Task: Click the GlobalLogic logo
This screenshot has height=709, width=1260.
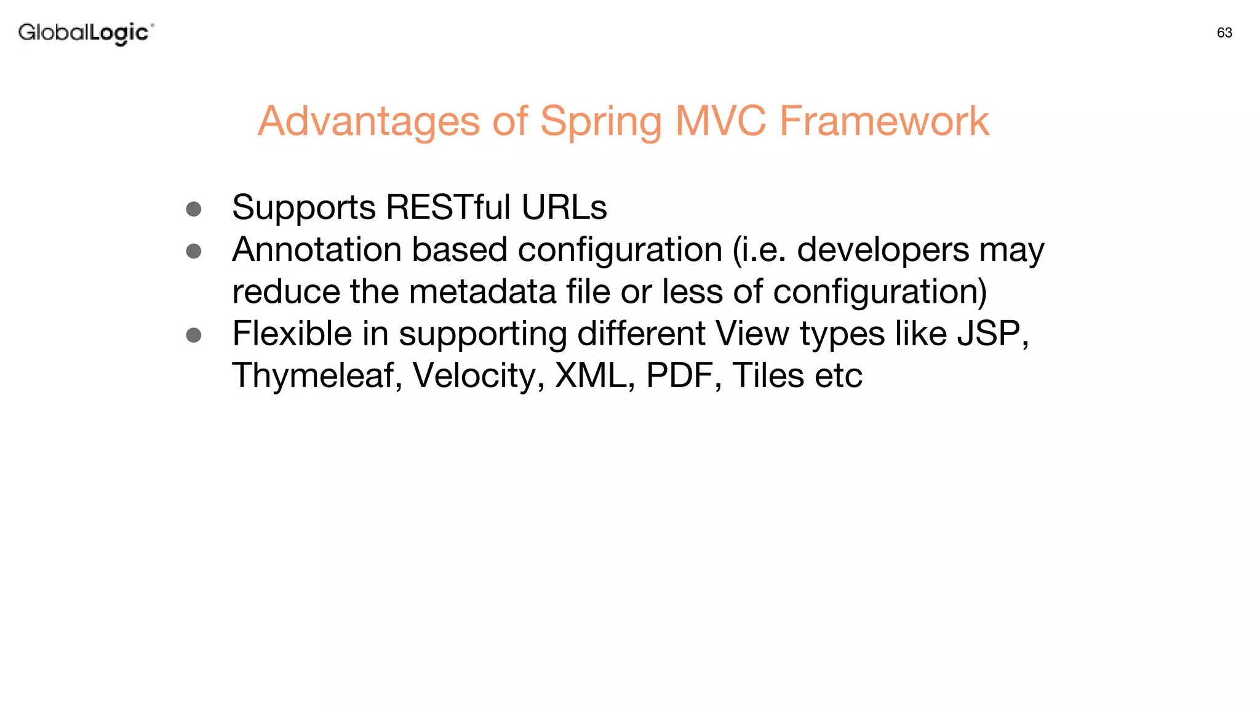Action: [x=86, y=33]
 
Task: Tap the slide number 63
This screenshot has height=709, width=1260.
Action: [x=1224, y=33]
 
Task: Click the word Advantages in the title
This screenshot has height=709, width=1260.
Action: [x=368, y=121]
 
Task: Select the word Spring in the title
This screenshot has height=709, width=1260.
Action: [x=600, y=121]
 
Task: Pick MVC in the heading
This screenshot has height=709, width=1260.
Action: [x=720, y=121]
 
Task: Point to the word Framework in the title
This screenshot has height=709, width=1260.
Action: [x=884, y=121]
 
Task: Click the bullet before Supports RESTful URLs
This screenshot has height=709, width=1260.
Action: [x=194, y=209]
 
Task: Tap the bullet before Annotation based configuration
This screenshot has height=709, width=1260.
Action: [x=194, y=251]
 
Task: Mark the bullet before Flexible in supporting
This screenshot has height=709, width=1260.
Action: [x=194, y=335]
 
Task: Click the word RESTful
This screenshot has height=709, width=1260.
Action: [x=448, y=207]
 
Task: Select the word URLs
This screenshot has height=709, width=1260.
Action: [x=564, y=207]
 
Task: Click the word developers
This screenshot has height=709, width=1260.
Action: [x=883, y=250]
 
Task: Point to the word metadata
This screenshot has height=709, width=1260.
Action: [x=482, y=292]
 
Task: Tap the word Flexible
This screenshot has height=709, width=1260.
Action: [x=292, y=334]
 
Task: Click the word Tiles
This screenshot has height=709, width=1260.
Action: [x=767, y=376]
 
